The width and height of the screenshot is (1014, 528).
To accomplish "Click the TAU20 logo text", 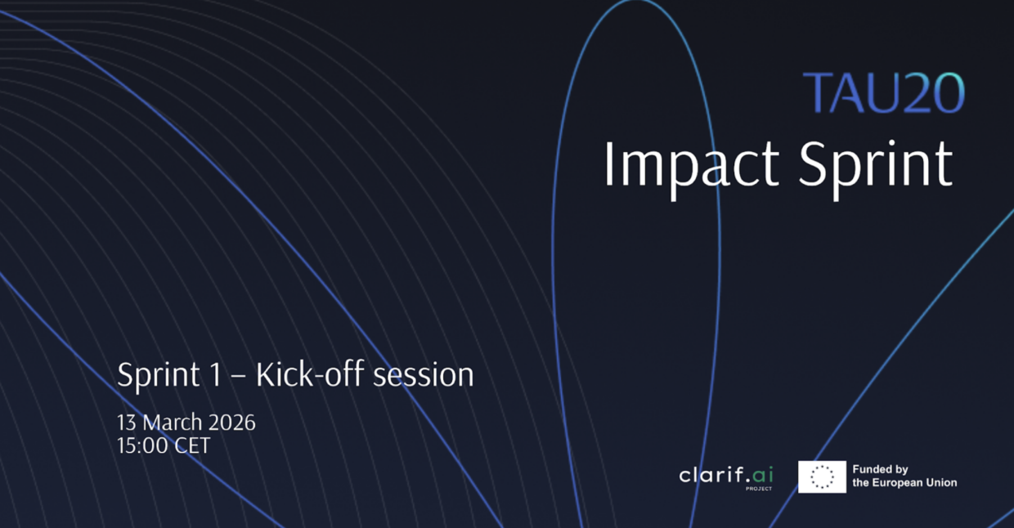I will [x=883, y=93].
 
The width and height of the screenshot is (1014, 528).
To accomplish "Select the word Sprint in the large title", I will [x=875, y=166].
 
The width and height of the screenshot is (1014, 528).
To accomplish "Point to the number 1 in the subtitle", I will [x=216, y=375].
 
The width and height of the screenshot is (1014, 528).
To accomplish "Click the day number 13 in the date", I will [x=127, y=423].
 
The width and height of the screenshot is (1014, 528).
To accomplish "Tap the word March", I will [x=172, y=423].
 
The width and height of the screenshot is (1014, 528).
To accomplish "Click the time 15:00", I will [x=141, y=446].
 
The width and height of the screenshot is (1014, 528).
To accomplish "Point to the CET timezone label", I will [x=190, y=446].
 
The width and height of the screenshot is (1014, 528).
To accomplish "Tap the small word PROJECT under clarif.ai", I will [x=758, y=489].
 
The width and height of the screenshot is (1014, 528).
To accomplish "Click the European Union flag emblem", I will [x=822, y=477].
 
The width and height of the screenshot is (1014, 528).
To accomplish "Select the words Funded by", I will [x=880, y=470].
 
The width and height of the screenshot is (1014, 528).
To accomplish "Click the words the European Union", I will [x=904, y=483].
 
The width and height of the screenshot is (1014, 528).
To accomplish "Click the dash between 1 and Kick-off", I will [x=239, y=377].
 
